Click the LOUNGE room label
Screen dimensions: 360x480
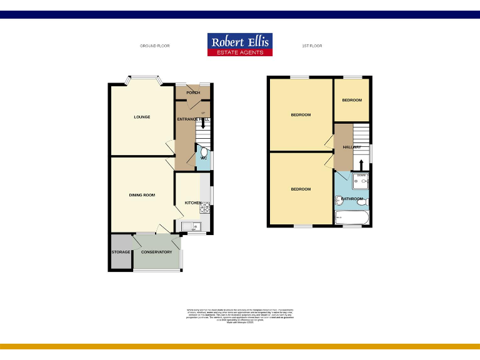tap(142, 117)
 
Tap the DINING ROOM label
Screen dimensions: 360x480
tap(142, 195)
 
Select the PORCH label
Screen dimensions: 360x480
tap(184, 92)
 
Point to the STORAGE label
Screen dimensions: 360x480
tap(121, 252)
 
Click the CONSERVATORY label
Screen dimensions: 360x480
tap(156, 252)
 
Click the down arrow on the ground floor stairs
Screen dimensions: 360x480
tap(202, 123)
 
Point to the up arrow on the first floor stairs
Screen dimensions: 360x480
tap(360, 164)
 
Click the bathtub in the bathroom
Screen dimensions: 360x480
tap(352, 217)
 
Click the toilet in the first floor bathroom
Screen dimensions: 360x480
tap(366, 204)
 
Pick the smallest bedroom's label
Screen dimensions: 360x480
tap(352, 100)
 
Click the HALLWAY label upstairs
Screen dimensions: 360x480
tap(352, 147)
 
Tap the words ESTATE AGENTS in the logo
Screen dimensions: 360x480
tap(240, 52)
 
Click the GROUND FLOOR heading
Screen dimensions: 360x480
tap(154, 46)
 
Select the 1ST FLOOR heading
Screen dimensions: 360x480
tap(312, 46)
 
